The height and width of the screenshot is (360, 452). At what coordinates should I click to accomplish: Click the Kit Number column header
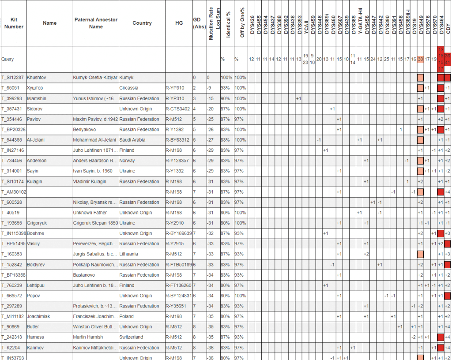click(13, 23)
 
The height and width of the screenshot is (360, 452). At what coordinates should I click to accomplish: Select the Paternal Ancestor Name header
click(96, 23)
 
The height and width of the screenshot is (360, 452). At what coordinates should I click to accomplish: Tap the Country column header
click(142, 23)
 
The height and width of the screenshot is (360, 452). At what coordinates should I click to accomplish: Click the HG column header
click(179, 23)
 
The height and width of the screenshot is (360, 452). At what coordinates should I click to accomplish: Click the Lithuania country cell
click(129, 254)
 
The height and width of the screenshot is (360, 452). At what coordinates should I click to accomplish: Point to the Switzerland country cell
click(131, 337)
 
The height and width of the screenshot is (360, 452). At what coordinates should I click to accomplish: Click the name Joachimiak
click(40, 316)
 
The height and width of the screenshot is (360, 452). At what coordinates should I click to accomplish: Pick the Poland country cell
click(127, 316)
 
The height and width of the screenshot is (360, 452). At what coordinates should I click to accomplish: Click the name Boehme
click(35, 233)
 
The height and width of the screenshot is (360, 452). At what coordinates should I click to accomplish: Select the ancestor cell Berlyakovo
click(84, 130)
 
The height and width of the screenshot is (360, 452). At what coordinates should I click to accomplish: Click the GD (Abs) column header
click(199, 23)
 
